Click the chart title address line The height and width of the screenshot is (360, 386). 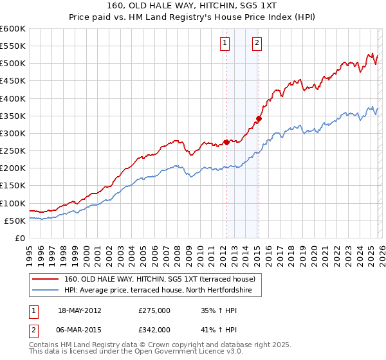point(193,6)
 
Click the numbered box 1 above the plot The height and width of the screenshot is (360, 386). point(225,43)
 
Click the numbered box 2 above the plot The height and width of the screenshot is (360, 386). point(257,43)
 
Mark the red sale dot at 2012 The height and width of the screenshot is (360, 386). point(226,142)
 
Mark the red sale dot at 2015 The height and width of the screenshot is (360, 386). point(259,118)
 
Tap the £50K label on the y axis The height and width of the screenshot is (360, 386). point(15,221)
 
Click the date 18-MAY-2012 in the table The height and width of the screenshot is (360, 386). point(80,310)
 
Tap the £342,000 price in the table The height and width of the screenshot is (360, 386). point(154,330)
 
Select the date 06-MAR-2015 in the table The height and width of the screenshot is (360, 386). point(80,330)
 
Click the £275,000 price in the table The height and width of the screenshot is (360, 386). point(154,310)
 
